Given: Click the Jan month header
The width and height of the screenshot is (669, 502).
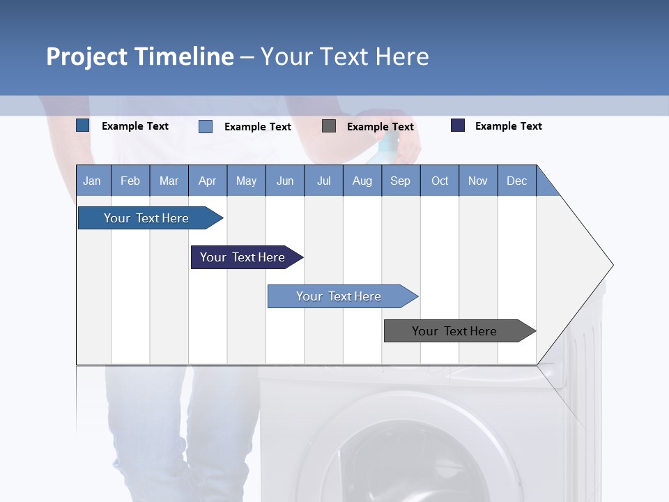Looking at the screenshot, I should [92, 181].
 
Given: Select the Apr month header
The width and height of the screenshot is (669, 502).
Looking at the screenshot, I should [207, 181].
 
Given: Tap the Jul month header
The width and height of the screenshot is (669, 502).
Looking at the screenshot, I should [323, 181].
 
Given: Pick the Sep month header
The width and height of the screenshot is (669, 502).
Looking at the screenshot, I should [400, 181].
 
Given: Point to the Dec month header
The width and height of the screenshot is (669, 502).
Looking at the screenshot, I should [516, 181].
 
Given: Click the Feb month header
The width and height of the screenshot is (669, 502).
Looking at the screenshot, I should [130, 181].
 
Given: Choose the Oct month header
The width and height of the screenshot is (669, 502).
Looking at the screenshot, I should [440, 181].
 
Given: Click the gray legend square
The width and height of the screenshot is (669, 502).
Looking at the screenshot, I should [329, 126].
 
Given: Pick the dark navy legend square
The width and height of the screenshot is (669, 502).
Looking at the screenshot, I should [458, 125].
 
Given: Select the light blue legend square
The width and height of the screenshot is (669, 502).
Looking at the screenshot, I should [206, 126].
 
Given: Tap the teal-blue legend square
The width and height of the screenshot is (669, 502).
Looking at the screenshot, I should [83, 125].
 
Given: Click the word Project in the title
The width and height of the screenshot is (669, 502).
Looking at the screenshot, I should [87, 56].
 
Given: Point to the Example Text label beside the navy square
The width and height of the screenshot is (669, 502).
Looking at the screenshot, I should [508, 125].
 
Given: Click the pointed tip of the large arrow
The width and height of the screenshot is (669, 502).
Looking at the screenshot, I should [611, 265].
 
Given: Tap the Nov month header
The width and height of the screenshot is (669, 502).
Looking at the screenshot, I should [478, 181].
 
